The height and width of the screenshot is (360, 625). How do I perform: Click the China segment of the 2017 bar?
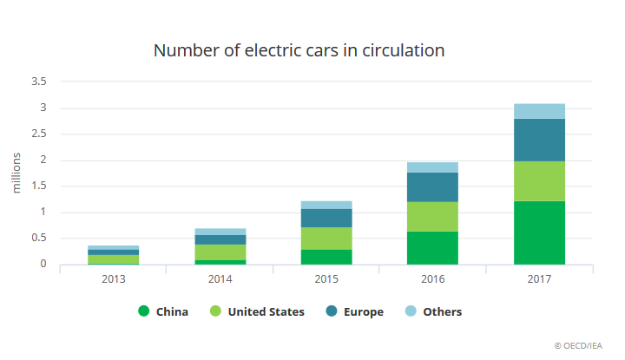click(539, 232)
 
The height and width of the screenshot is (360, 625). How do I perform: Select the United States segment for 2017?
click(539, 180)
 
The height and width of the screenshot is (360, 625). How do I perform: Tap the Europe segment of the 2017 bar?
click(539, 140)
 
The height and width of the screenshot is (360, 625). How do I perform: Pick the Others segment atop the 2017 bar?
click(539, 111)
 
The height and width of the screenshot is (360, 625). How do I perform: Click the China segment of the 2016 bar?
click(432, 248)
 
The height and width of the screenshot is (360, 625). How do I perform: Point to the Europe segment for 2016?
click(432, 187)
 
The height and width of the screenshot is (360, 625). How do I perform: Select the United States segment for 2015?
click(326, 239)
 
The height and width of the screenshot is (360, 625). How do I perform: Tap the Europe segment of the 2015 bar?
click(326, 218)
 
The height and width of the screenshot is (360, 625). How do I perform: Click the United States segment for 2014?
click(220, 252)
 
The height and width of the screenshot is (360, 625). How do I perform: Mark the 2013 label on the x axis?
click(113, 279)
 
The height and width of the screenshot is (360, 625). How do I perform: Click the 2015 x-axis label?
click(326, 279)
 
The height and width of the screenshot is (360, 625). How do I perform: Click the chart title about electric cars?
click(299, 50)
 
